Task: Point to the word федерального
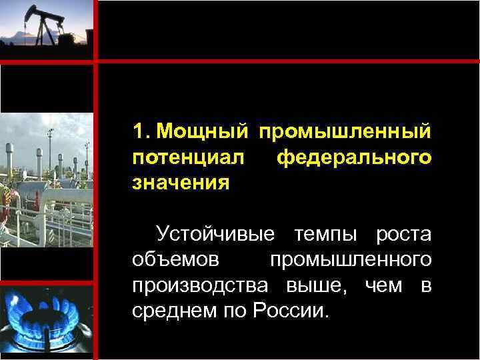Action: click(x=353, y=158)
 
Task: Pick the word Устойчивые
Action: click(x=215, y=235)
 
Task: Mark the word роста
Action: click(x=403, y=235)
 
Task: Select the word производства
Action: click(x=200, y=285)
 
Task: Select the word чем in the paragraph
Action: click(x=384, y=285)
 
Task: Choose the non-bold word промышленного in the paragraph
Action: click(x=350, y=260)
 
